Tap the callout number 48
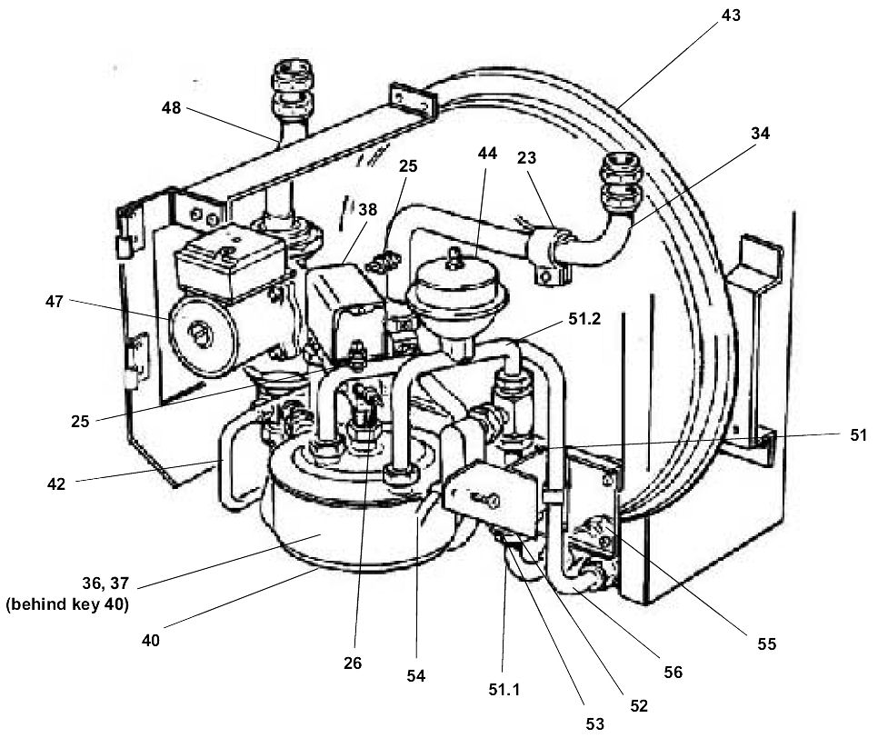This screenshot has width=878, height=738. pyautogui.click(x=171, y=107)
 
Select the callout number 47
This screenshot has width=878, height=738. pyautogui.click(x=54, y=302)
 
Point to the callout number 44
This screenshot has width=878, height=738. pyautogui.click(x=487, y=154)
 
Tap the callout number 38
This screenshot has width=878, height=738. pyautogui.click(x=366, y=208)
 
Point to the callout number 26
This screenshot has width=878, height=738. pyautogui.click(x=353, y=663)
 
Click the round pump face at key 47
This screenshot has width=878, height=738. pyautogui.click(x=195, y=335)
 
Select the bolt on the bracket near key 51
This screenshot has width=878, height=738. pyautogui.click(x=492, y=499)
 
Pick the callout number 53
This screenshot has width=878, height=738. pyautogui.click(x=595, y=723)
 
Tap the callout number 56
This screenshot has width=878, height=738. pyautogui.click(x=673, y=672)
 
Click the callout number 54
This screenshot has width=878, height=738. pyautogui.click(x=417, y=676)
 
